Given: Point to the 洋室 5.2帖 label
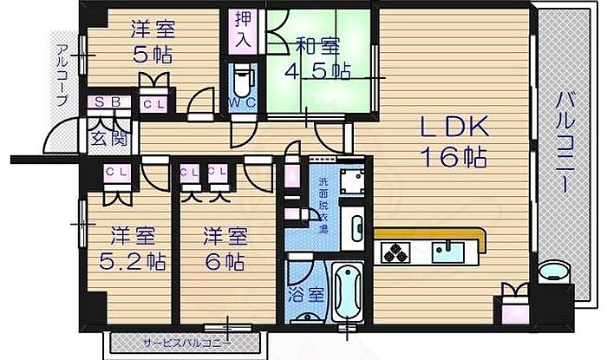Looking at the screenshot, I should tap(131, 247).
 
